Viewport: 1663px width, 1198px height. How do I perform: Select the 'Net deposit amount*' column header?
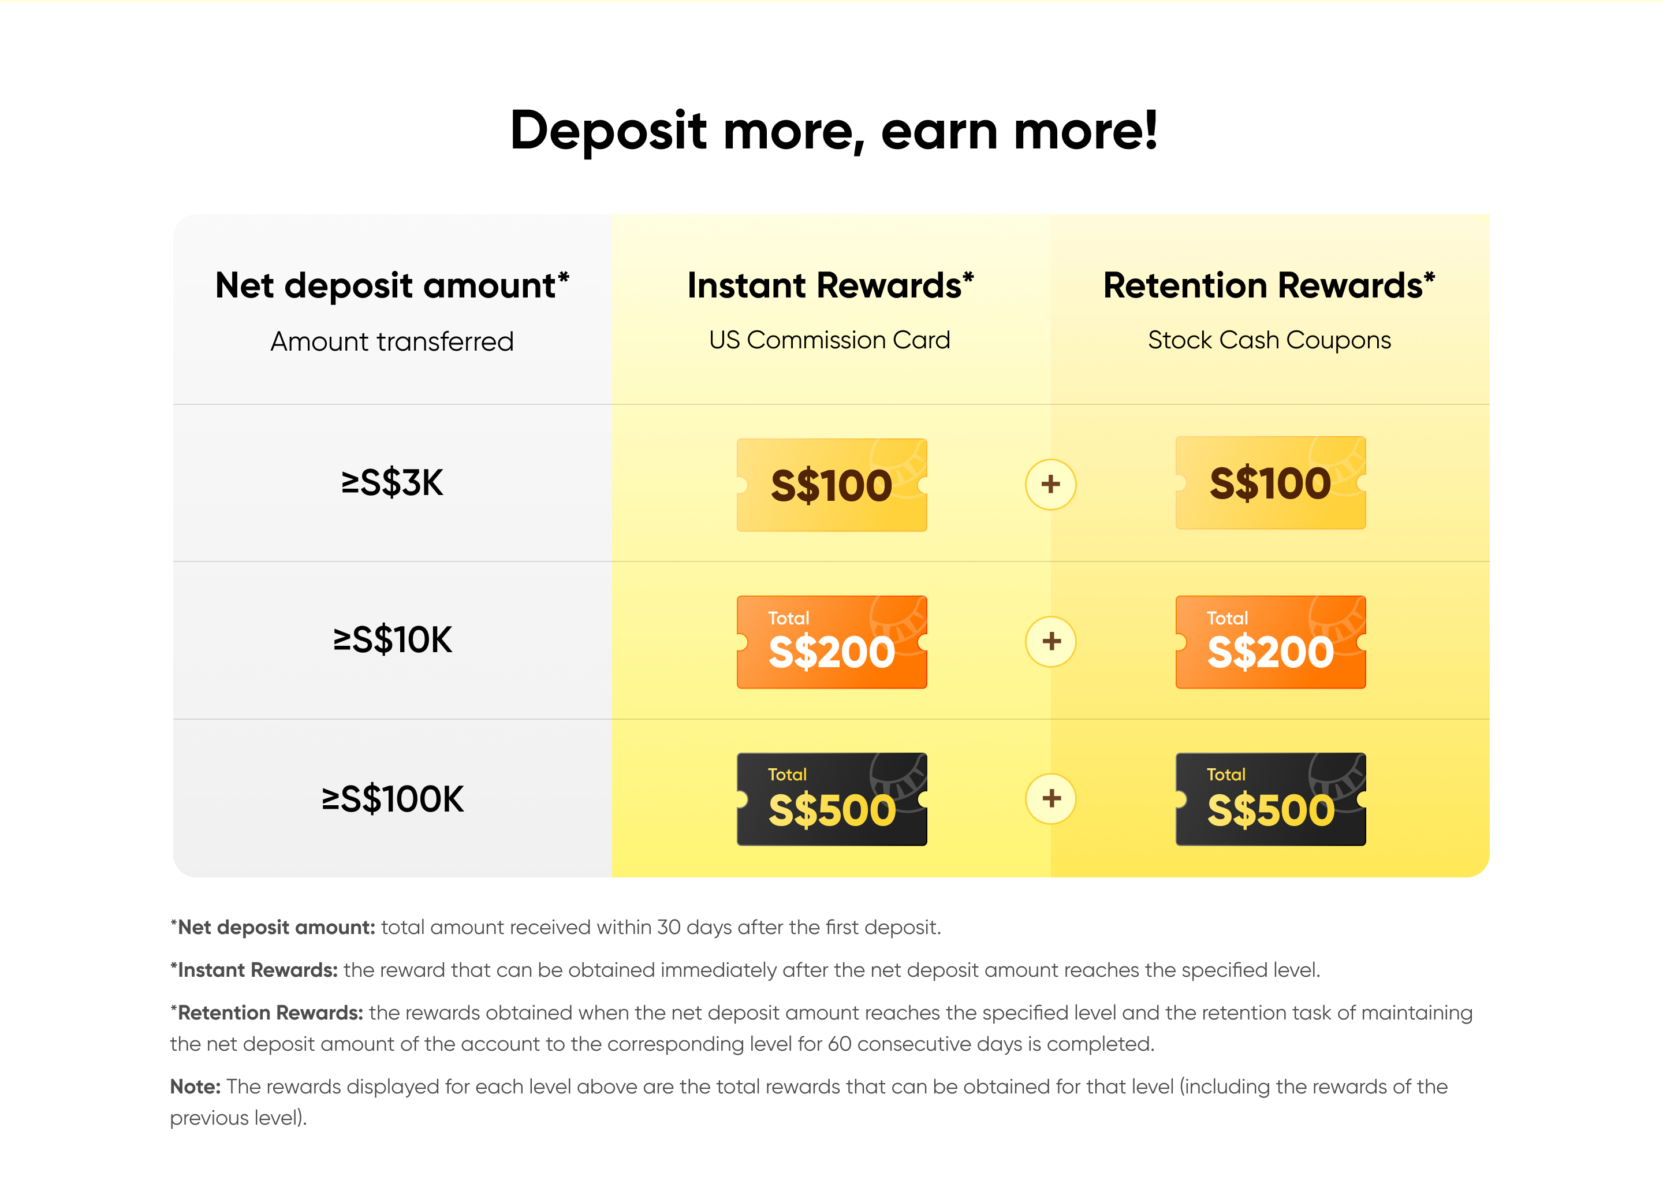392,286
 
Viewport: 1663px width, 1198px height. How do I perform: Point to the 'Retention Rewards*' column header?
1269,286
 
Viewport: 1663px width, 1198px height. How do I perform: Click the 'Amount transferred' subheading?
392,342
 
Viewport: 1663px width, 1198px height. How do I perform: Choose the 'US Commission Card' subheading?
829,340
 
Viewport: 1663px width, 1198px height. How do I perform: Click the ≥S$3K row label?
392,483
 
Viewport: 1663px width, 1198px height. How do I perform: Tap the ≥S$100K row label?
392,799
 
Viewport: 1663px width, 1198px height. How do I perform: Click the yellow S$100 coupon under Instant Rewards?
832,485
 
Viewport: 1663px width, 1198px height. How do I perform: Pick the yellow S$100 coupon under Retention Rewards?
1271,483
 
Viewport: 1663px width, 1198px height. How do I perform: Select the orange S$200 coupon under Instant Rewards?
832,642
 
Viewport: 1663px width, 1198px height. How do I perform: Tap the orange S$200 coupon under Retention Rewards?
1271,642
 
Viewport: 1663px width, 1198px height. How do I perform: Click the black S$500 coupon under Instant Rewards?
832,799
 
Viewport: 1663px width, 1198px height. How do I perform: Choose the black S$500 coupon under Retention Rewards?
1271,799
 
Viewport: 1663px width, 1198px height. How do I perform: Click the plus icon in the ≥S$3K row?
1051,484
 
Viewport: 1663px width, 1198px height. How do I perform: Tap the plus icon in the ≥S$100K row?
1051,799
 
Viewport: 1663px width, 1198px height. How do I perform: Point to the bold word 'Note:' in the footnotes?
195,1087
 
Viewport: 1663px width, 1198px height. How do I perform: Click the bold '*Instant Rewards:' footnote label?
253,970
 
